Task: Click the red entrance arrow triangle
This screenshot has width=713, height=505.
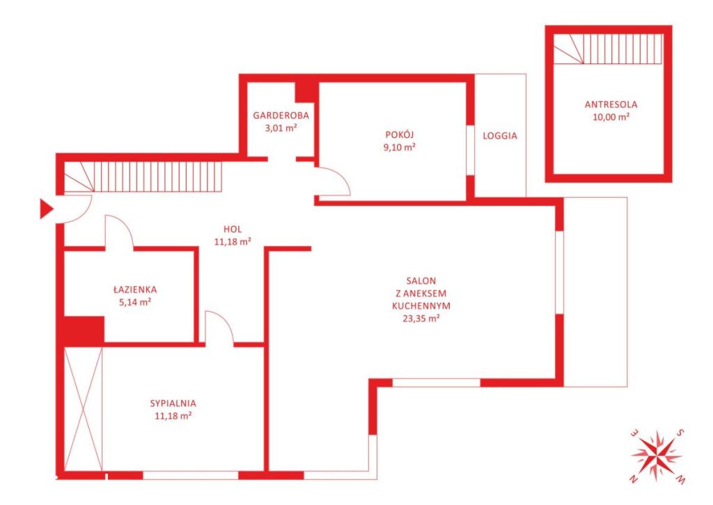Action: (x=46, y=209)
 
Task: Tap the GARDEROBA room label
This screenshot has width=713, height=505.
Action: (x=281, y=116)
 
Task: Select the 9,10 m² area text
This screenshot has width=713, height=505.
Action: (x=399, y=147)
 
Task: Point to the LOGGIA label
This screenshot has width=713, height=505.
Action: (x=500, y=136)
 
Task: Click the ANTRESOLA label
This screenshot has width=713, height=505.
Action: (x=611, y=104)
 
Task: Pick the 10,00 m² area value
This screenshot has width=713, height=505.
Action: (x=611, y=117)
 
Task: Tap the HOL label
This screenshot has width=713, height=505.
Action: (x=233, y=229)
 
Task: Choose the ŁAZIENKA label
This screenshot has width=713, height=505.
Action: (x=135, y=289)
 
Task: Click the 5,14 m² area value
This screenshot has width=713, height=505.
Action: (x=135, y=302)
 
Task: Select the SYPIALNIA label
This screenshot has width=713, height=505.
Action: (x=173, y=403)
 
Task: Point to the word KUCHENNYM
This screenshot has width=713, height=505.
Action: (x=421, y=306)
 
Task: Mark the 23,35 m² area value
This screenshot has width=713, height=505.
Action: (x=421, y=318)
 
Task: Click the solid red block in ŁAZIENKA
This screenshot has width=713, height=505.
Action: (x=84, y=331)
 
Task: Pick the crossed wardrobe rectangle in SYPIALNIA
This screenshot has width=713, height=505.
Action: (x=84, y=409)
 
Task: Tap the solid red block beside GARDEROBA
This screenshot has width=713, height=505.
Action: (x=306, y=92)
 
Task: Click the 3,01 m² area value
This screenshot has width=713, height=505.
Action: (x=281, y=128)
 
